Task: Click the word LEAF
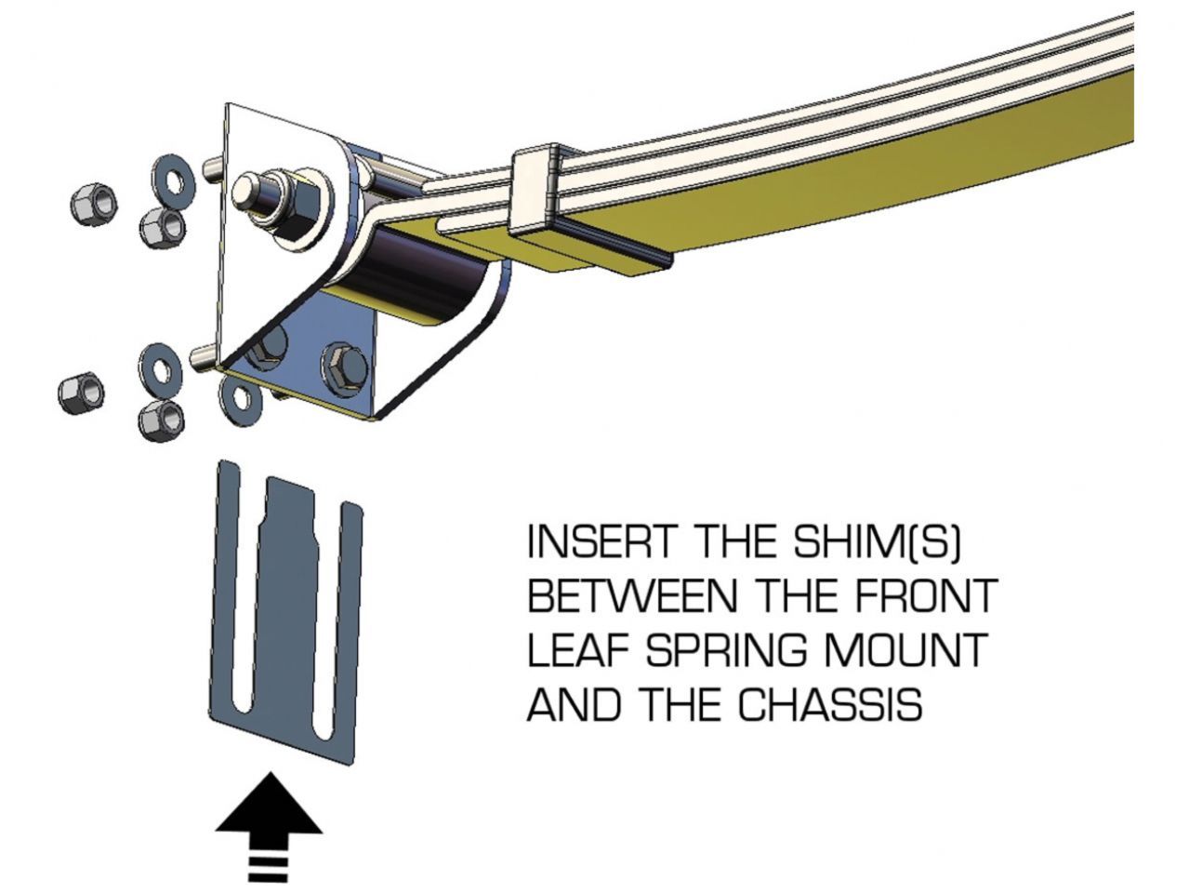tap(572, 650)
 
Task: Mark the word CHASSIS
tap(830, 704)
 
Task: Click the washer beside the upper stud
tap(172, 176)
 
